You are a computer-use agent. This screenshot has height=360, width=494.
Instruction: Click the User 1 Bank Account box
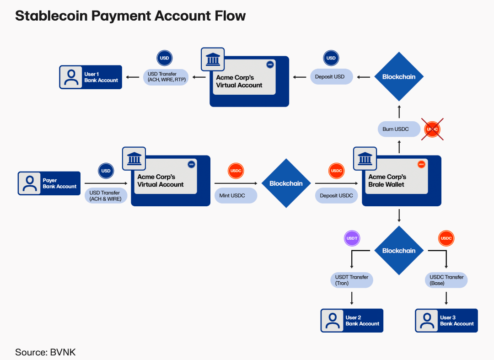[91, 77]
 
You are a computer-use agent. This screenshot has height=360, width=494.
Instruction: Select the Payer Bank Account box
[49, 183]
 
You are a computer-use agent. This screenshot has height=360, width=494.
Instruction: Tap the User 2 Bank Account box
[352, 321]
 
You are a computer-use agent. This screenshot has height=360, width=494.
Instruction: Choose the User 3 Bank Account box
[446, 321]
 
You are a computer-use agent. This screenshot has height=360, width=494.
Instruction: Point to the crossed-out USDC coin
[432, 129]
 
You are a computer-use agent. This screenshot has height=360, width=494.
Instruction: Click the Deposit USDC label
[336, 196]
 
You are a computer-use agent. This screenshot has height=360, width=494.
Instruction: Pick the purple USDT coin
[352, 238]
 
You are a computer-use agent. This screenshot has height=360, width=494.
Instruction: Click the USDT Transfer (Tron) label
[351, 280]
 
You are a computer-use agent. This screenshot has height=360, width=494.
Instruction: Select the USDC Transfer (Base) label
[446, 280]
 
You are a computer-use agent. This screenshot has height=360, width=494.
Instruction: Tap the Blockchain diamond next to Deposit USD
[399, 77]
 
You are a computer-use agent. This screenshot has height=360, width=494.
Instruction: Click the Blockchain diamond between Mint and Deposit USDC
[286, 183]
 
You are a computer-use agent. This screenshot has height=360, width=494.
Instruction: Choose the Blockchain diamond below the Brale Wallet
[399, 251]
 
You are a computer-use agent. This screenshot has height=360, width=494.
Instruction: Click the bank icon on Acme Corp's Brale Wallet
[365, 159]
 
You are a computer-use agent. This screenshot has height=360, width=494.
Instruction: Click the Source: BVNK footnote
[45, 352]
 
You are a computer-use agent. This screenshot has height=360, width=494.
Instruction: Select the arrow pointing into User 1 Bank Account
[133, 77]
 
